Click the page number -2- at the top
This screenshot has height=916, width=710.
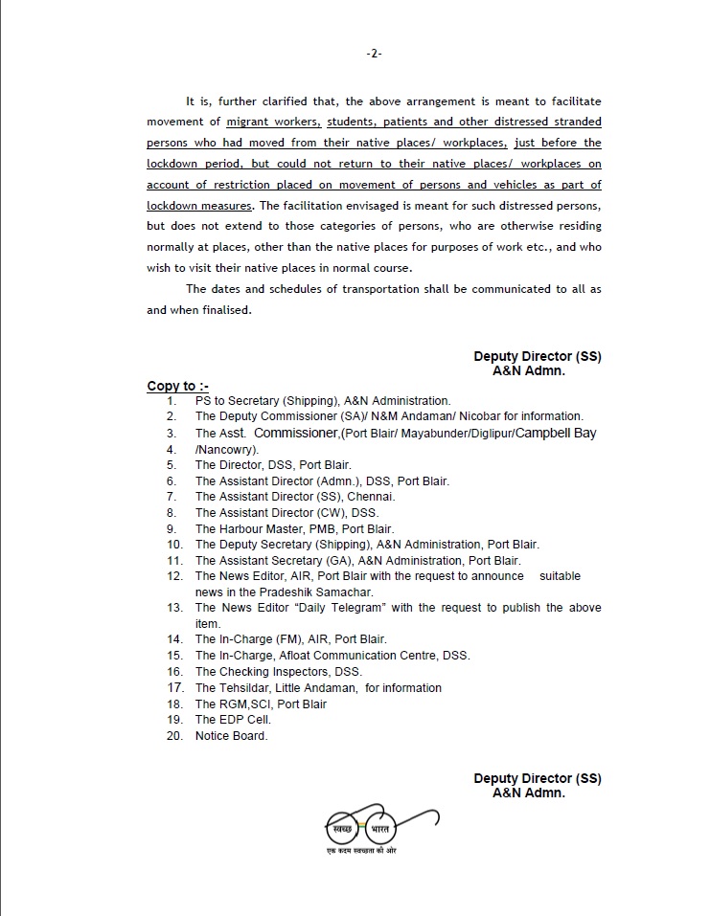point(374,54)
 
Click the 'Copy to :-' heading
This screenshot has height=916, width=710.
point(177,387)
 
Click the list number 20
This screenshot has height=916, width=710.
point(173,736)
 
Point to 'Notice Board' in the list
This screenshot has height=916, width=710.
point(231,736)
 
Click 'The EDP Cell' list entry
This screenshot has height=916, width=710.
point(233,720)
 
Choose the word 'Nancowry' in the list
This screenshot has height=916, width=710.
point(226,449)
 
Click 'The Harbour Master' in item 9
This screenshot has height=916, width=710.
point(242,528)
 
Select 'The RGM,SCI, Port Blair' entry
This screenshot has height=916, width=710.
point(261,704)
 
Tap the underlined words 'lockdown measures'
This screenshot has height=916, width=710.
point(199,206)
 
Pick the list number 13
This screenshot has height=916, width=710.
point(173,608)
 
